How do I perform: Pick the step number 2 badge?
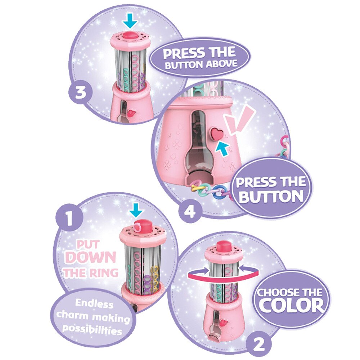pos(258,344)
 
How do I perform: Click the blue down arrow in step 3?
pos(130,21)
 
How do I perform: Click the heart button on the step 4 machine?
pos(217,134)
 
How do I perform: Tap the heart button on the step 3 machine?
pos(131,113)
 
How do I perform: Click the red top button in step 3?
pos(130,36)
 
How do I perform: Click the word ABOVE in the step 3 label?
pos(221,64)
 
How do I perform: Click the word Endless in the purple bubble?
pos(94,304)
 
